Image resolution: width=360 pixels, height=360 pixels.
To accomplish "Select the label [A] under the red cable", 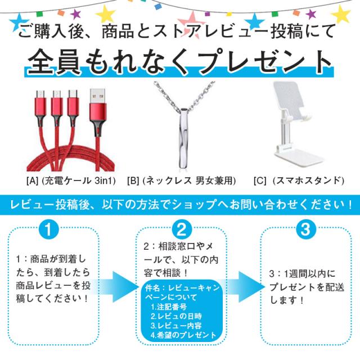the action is pos(32,181).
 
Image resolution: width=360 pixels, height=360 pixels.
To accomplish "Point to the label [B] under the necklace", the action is pos(133,181).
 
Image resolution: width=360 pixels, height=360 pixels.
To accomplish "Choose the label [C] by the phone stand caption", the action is pos(260,181).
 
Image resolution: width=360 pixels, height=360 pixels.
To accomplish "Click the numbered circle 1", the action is pos(48,229).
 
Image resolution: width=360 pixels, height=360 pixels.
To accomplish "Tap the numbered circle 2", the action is pos(181,229).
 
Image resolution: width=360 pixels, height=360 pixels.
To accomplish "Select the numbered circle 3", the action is pos(305,229).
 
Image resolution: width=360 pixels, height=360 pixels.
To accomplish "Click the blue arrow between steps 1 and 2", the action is pos(117,287).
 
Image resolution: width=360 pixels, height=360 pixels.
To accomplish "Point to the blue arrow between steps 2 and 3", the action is pos(244,287).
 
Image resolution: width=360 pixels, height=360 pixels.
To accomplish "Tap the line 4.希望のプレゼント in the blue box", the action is pos(183,335).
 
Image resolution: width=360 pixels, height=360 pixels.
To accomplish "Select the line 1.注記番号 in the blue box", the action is pos(169,307).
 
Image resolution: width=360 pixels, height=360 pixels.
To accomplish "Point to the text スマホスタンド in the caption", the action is pos(308,181).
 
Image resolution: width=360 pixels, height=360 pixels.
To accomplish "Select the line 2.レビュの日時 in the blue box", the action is pos(176,316).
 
